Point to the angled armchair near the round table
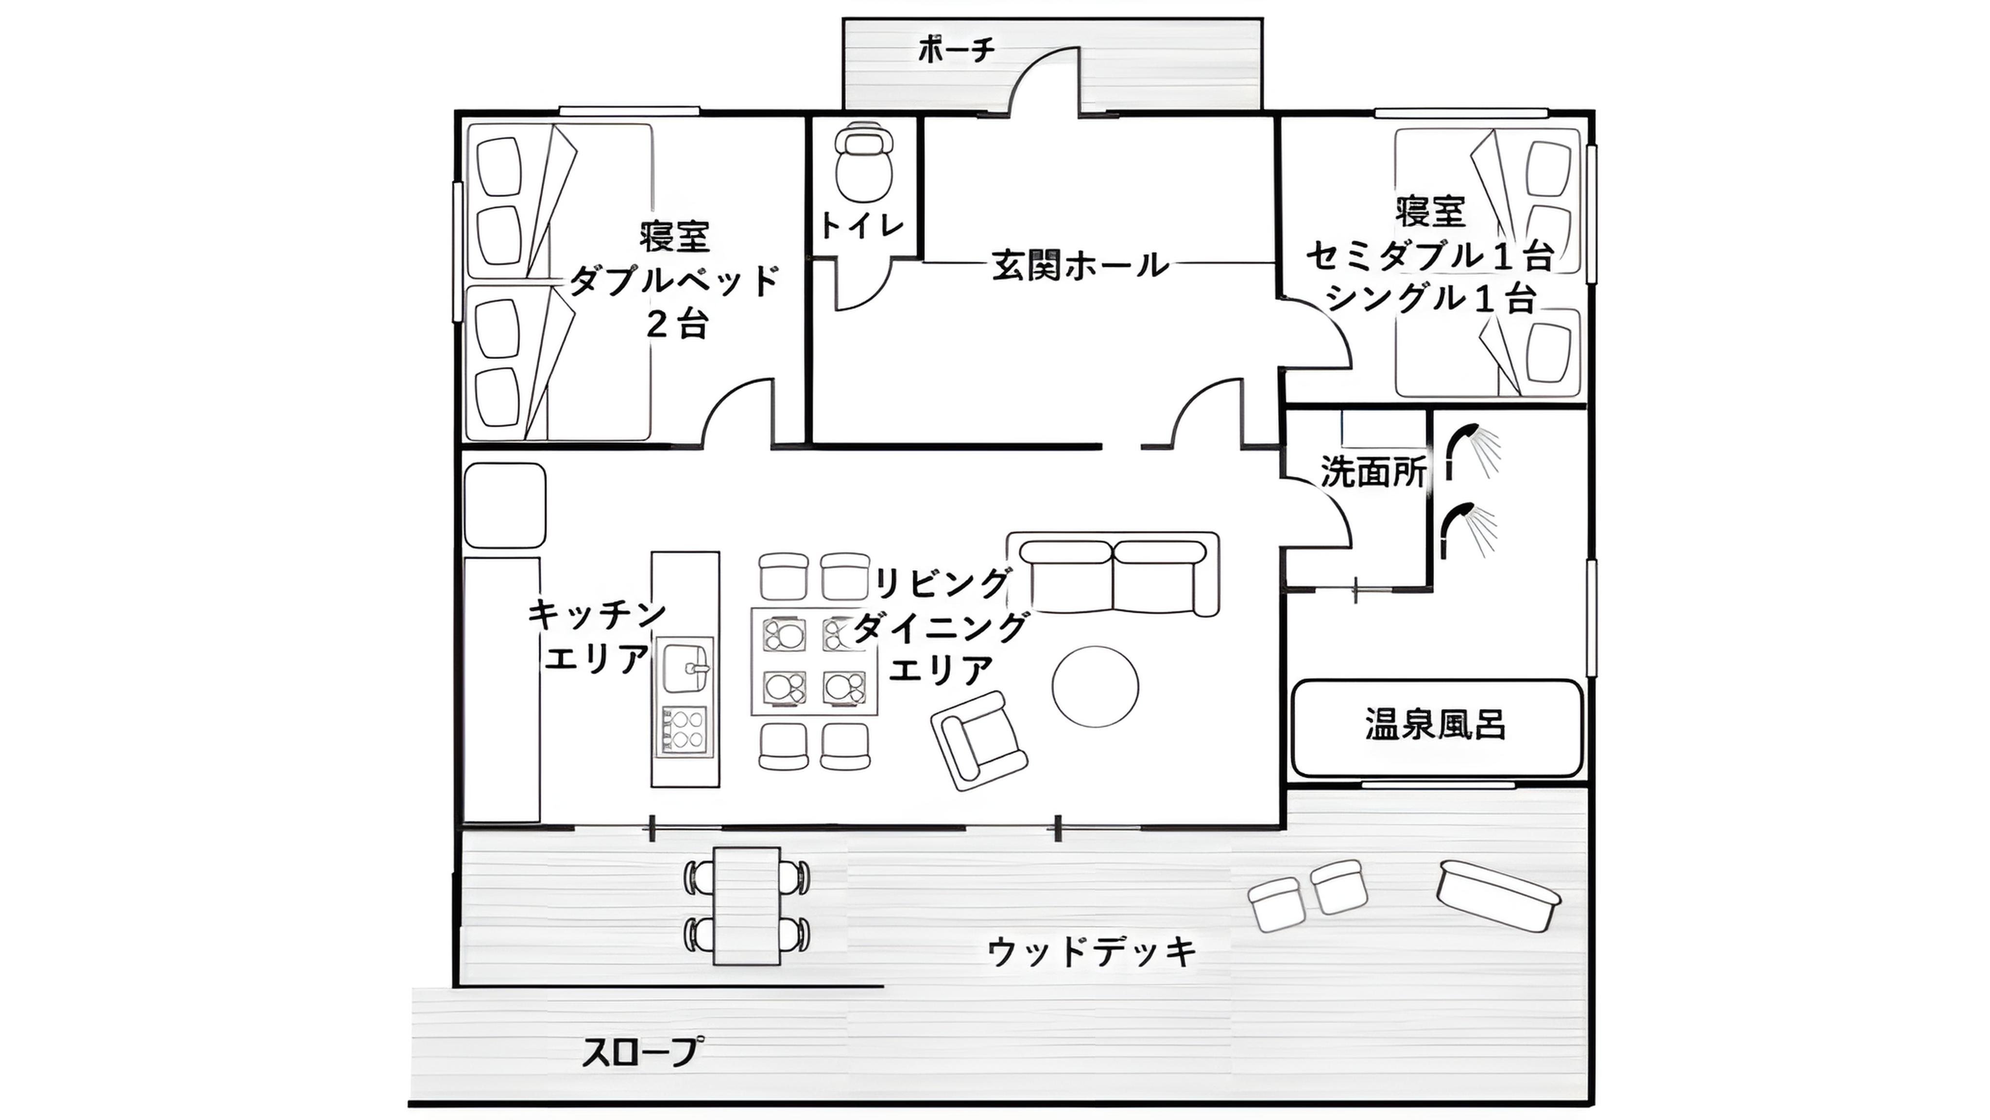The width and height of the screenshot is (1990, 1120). [x=979, y=740]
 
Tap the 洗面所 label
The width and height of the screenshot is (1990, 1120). [x=1373, y=472]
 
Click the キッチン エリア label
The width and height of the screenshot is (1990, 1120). [x=597, y=637]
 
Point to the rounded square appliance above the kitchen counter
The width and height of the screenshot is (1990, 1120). [x=505, y=506]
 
